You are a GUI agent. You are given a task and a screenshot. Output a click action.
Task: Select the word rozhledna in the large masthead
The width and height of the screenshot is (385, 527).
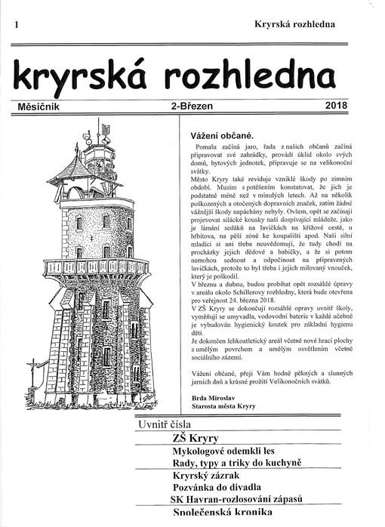254,76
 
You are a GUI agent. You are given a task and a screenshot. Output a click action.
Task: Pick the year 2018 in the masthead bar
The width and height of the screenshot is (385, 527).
335,106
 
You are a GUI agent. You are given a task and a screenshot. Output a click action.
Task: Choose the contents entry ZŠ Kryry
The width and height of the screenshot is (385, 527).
195,438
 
